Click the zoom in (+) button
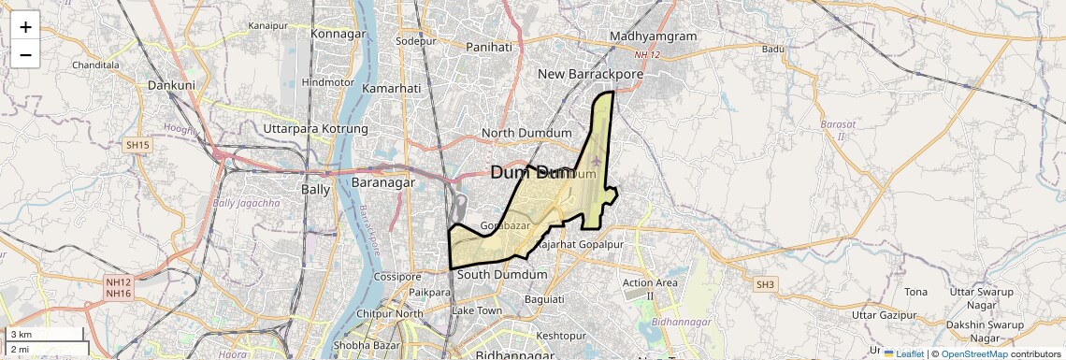click(x=25, y=26)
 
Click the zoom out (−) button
click(x=25, y=54)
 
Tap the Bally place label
click(x=315, y=189)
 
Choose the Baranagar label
click(x=382, y=183)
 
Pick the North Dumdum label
click(x=526, y=134)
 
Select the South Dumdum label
click(x=502, y=275)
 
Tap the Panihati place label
click(x=489, y=46)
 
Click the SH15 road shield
click(x=137, y=145)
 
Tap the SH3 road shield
click(x=766, y=283)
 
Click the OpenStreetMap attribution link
click(x=973, y=353)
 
